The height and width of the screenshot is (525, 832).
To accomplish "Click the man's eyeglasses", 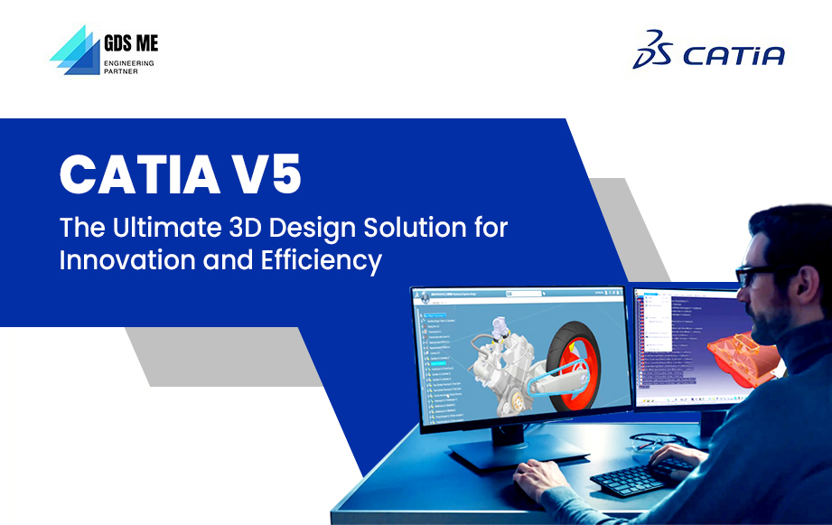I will coord(754,276).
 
